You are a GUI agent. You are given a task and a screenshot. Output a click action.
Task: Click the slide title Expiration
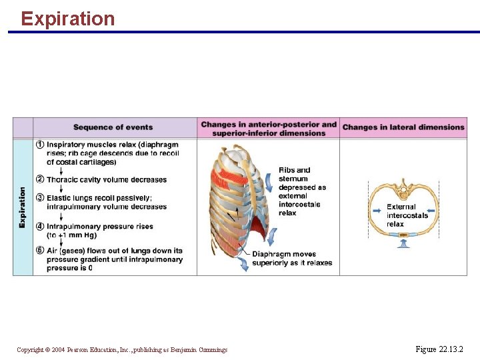coord(67,18)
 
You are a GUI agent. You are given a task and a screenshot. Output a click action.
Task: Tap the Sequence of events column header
coord(113,127)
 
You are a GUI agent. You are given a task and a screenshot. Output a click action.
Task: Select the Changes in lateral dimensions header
coord(403,127)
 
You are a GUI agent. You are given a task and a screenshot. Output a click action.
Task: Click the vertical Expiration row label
coord(23,207)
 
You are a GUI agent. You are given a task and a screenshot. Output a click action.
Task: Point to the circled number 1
coord(40,145)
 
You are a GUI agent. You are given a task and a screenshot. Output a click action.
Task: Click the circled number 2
coord(40,179)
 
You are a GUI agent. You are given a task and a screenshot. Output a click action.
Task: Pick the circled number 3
coord(40,198)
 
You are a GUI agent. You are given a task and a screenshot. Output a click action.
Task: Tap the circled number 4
coord(40,227)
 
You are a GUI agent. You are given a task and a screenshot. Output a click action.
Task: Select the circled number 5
coord(40,251)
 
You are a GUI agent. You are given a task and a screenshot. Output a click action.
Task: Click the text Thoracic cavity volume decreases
coord(107,180)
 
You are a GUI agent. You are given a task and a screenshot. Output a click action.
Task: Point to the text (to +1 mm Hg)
coord(75,235)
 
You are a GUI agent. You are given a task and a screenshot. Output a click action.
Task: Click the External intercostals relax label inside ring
coord(407,215)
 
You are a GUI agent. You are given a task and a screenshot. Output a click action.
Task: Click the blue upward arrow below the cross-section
coord(402,245)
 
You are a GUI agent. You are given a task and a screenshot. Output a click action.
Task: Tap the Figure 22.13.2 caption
coord(439,349)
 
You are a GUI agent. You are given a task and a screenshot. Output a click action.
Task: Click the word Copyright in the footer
coord(30,350)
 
